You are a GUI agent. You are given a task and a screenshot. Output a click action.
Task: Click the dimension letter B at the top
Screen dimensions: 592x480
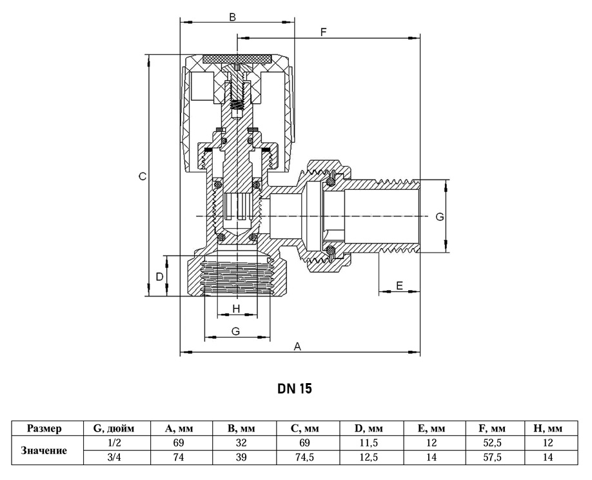pyautogui.click(x=233, y=17)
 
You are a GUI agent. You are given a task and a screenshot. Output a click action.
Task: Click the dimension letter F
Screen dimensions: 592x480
pyautogui.click(x=323, y=32)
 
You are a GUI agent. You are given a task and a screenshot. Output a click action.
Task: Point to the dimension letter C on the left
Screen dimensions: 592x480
pyautogui.click(x=143, y=176)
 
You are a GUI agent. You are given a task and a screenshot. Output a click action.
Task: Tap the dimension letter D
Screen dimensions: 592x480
pyautogui.click(x=160, y=277)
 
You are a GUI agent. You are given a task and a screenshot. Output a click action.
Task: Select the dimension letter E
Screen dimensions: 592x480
pyautogui.click(x=399, y=286)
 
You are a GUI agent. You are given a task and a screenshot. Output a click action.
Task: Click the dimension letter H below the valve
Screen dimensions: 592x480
pyautogui.click(x=236, y=309)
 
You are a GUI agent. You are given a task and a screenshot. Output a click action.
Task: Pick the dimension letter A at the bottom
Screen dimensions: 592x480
pyautogui.click(x=297, y=346)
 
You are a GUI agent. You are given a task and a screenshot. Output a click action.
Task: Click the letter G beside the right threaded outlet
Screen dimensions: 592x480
pyautogui.click(x=440, y=216)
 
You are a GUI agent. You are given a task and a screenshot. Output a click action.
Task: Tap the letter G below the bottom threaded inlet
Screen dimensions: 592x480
pyautogui.click(x=235, y=331)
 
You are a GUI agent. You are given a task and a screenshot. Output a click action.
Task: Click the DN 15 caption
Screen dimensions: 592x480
pyautogui.click(x=295, y=388)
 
